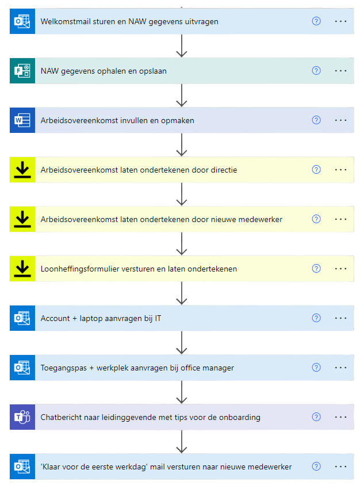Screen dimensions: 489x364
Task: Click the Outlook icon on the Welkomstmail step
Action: click(22, 21)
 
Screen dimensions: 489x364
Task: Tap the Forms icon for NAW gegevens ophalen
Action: click(22, 71)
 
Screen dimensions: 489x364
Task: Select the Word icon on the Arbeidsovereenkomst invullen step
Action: click(22, 120)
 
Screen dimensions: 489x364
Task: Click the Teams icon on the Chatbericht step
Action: click(22, 417)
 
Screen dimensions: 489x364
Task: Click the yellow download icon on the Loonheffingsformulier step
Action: click(22, 269)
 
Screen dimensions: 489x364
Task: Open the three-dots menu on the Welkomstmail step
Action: click(340, 21)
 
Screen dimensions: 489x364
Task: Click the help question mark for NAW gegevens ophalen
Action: click(316, 71)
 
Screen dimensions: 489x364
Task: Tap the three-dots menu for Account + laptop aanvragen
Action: click(340, 318)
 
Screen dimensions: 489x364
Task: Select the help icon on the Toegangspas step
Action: click(316, 368)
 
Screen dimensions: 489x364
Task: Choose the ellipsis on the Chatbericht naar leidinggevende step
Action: click(340, 417)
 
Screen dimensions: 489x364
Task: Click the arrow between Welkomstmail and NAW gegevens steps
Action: click(182, 53)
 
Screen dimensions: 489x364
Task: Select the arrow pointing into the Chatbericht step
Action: click(182, 399)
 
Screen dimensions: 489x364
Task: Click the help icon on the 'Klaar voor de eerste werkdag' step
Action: click(316, 467)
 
